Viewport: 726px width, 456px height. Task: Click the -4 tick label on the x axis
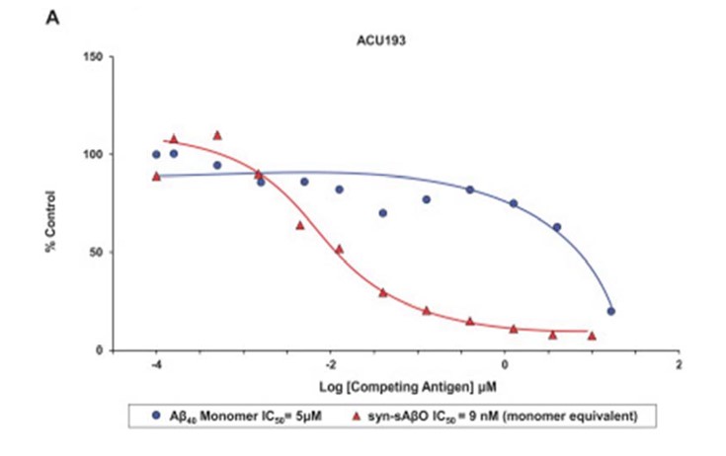[x=155, y=366]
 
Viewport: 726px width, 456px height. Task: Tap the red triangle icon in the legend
[x=379, y=416]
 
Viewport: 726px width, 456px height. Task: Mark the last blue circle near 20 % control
[x=611, y=311]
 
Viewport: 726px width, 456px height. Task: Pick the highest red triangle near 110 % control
[x=217, y=135]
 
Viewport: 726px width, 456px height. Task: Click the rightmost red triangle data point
[x=592, y=336]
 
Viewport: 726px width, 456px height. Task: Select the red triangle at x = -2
[x=339, y=249]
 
